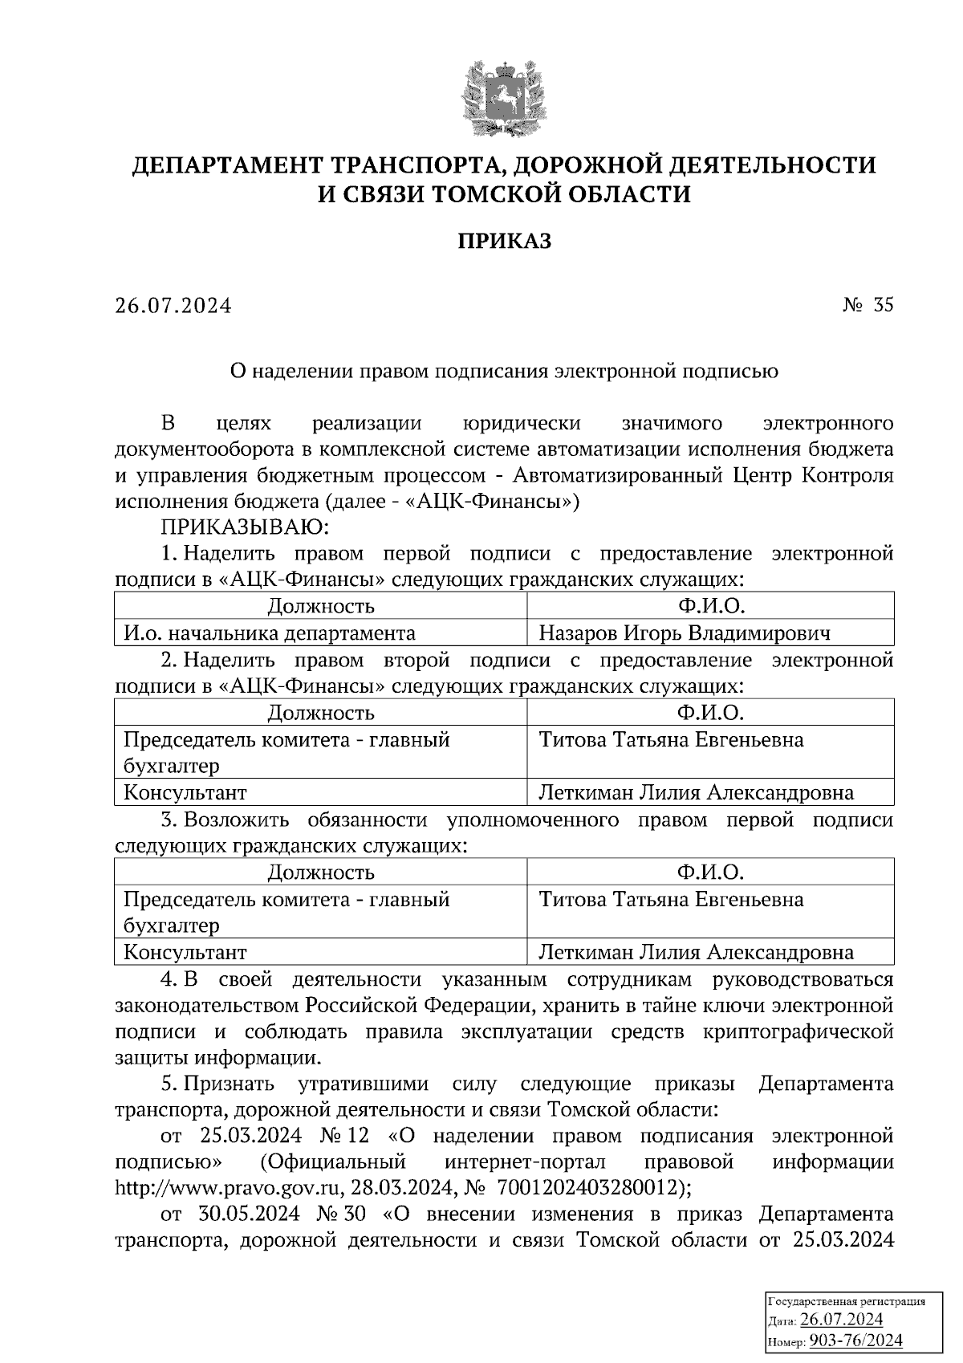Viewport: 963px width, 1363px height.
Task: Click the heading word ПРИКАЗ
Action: click(504, 241)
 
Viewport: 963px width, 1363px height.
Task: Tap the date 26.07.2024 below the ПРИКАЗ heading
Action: click(173, 306)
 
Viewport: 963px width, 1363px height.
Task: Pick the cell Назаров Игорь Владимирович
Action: click(684, 633)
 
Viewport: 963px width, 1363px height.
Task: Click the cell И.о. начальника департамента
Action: click(269, 633)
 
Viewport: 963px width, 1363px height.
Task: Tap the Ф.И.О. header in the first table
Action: click(710, 606)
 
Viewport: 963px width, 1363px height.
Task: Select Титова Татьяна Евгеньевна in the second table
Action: click(671, 740)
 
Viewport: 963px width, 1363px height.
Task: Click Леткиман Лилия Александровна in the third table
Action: click(696, 953)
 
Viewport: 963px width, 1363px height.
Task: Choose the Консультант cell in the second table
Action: click(185, 793)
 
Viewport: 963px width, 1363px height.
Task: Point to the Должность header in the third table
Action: click(320, 873)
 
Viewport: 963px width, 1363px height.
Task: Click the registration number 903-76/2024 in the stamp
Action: click(855, 1341)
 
